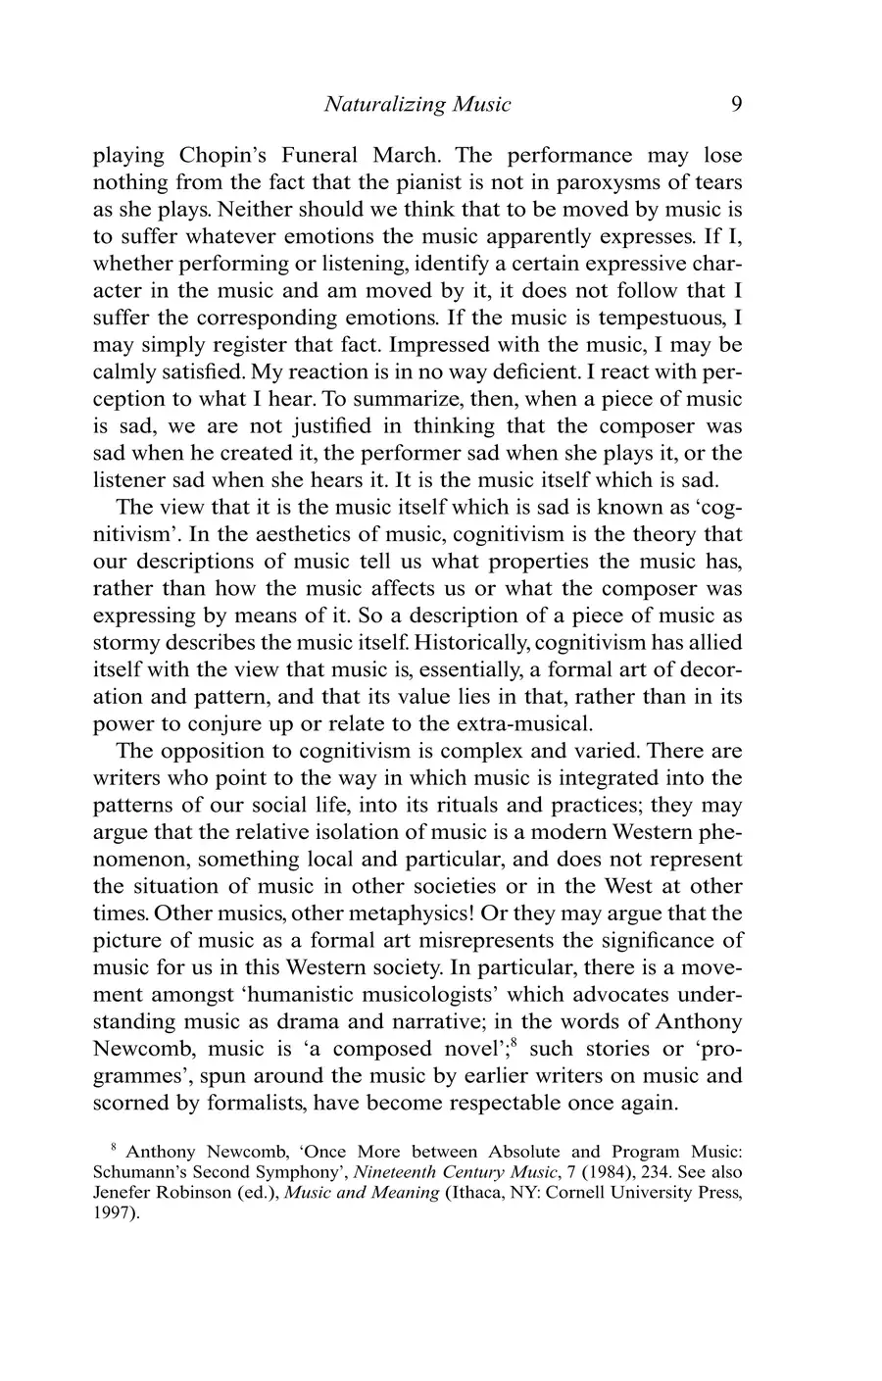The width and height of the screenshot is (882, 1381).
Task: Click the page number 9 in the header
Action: (x=735, y=104)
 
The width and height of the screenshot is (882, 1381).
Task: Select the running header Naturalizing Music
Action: (x=416, y=104)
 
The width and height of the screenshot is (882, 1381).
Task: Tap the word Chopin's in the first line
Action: (x=221, y=156)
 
